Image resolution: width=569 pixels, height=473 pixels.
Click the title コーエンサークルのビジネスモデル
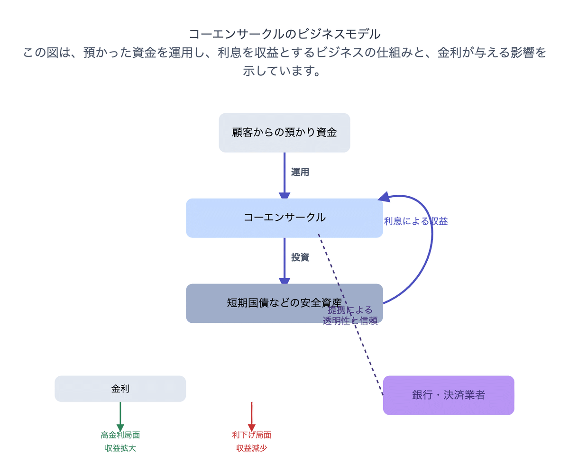point(284,34)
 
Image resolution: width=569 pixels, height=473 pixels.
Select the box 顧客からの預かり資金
point(284,133)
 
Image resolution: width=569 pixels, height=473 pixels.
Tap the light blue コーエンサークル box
point(284,218)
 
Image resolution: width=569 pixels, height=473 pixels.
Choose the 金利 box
point(120,389)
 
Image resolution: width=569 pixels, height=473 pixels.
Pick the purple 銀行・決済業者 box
point(449,395)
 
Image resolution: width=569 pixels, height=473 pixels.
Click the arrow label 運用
point(300,172)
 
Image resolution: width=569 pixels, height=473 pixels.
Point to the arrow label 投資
point(300,257)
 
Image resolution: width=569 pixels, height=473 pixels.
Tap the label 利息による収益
point(416,221)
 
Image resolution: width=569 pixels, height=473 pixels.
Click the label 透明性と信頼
point(350,321)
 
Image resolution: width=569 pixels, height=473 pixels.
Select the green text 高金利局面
point(120,435)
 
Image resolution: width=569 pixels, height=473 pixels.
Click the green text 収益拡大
point(120,448)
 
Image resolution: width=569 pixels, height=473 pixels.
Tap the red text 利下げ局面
point(252,435)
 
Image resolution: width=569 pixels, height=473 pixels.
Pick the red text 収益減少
point(252,448)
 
